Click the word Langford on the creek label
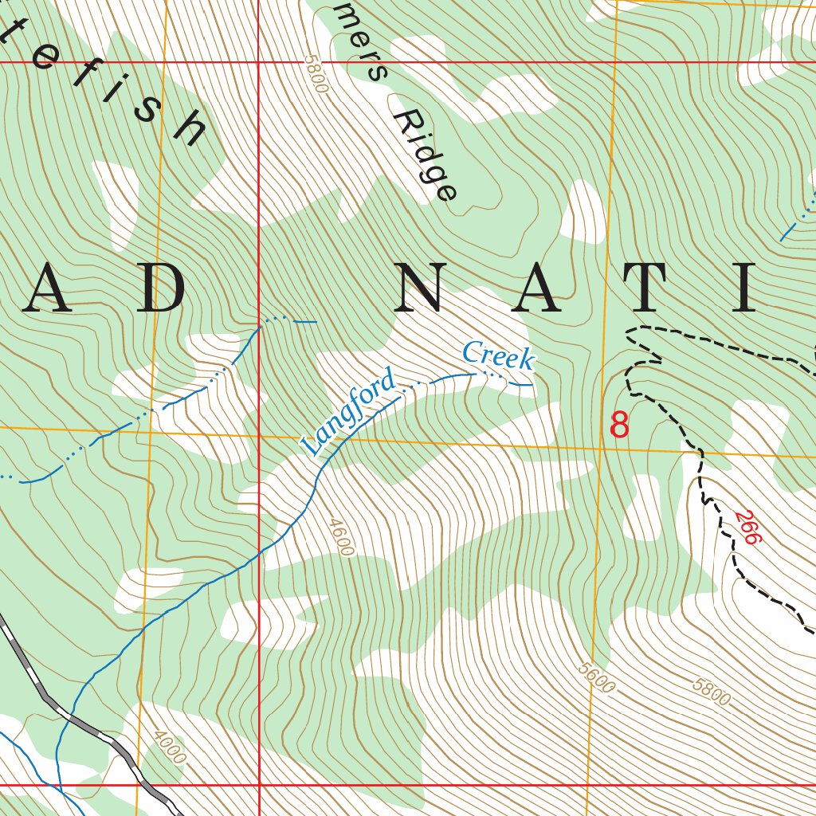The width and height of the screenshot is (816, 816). tap(349, 412)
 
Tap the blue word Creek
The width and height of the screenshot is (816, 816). tap(498, 355)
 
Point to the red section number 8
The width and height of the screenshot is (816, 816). tap(619, 425)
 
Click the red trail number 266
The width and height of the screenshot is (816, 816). tap(748, 528)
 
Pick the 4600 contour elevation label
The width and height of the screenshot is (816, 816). tap(340, 537)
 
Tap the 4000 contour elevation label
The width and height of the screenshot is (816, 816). tap(170, 747)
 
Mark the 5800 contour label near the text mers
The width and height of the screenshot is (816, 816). tap(316, 75)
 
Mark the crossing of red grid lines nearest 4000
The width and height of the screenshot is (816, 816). tap(260, 785)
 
